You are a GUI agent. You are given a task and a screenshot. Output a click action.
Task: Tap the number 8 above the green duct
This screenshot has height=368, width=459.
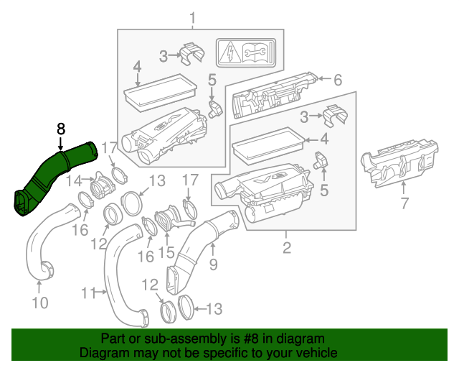click(x=61, y=129)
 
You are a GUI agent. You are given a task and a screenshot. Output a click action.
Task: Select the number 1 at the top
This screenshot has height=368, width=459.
click(x=192, y=17)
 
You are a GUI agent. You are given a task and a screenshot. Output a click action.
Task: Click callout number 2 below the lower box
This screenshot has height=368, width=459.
click(x=286, y=249)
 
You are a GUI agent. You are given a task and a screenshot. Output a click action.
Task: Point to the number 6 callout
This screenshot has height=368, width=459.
click(x=338, y=80)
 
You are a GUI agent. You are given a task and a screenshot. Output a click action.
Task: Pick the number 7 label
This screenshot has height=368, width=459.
click(x=404, y=203)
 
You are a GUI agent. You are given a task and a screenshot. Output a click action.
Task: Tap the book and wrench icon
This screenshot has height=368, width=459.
click(x=257, y=52)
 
